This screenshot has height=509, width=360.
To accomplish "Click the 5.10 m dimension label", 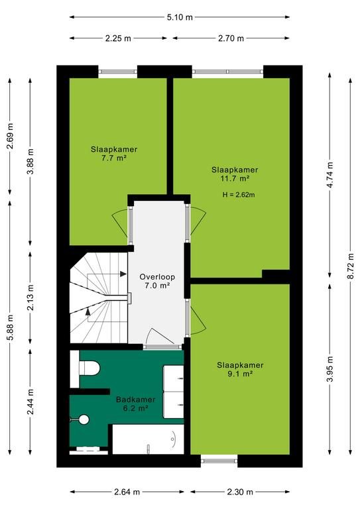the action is pyautogui.click(x=180, y=17).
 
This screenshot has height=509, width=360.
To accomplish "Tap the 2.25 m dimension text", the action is pyautogui.click(x=118, y=38).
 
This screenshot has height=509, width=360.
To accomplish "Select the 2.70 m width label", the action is pyautogui.click(x=231, y=38).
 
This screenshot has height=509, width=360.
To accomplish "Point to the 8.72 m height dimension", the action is pyautogui.click(x=351, y=266).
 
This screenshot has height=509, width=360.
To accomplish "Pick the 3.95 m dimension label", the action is pyautogui.click(x=330, y=369).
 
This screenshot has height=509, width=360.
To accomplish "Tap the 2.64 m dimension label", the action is pyautogui.click(x=127, y=492).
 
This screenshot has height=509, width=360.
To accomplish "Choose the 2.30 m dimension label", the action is pyautogui.click(x=240, y=492).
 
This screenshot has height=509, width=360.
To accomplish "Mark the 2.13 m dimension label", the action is pyautogui.click(x=30, y=298).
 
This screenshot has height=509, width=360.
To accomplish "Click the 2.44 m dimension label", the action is pyautogui.click(x=30, y=402).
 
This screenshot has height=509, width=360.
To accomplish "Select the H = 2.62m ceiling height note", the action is pyautogui.click(x=239, y=195).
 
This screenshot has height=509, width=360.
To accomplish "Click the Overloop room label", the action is pyautogui.click(x=157, y=277).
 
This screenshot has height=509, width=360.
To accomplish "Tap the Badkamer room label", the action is pyautogui.click(x=136, y=400).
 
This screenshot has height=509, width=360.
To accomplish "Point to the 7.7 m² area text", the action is pyautogui.click(x=113, y=158).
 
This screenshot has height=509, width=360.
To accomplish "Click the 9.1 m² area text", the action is pyautogui.click(x=240, y=374).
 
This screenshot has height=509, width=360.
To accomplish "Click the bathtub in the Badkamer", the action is pyautogui.click(x=148, y=439).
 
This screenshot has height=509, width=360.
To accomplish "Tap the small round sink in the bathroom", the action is pyautogui.click(x=84, y=419).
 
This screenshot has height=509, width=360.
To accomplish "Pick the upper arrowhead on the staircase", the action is pyautogui.click(x=123, y=274).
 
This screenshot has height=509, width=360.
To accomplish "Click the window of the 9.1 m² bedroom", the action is pyautogui.click(x=219, y=461).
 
